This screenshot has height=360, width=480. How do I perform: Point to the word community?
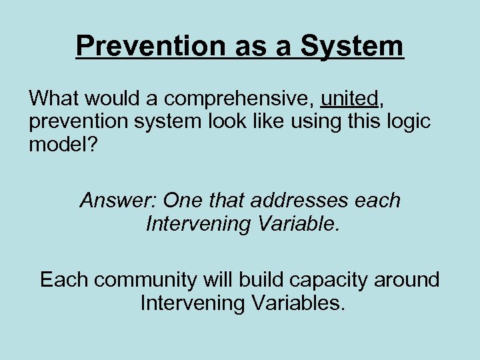coord(151,279)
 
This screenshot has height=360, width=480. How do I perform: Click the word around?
coord(408,279)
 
